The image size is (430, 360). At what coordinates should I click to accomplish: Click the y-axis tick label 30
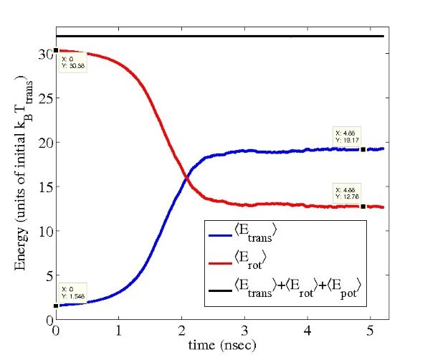[45, 54]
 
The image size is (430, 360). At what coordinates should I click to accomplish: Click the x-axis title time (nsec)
[213, 345]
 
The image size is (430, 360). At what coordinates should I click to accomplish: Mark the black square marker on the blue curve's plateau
[363, 149]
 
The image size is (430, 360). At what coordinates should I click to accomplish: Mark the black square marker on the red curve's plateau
[363, 207]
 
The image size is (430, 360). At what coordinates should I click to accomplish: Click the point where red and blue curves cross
[186, 176]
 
